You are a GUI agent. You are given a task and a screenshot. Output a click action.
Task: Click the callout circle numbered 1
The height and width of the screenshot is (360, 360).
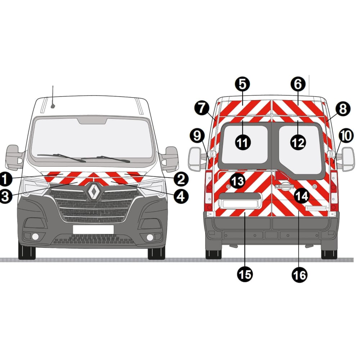point(5,179)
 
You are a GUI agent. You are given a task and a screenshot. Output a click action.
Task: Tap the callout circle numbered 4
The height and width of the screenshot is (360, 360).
point(181,196)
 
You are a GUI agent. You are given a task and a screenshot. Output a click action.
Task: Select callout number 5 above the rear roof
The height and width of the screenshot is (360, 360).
point(242,84)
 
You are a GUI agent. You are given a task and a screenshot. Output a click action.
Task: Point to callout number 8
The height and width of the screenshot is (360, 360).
point(343,109)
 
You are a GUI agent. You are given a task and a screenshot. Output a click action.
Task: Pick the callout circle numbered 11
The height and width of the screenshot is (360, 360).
point(243,143)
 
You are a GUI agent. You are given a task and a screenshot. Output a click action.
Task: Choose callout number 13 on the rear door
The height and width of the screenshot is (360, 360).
point(237,181)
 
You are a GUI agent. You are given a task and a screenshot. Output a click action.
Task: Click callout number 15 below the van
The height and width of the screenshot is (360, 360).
point(245,274)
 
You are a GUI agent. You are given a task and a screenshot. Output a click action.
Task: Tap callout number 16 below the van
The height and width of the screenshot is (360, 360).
point(300,275)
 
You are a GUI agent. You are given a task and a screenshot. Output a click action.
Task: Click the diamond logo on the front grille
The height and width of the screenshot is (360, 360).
point(94,190)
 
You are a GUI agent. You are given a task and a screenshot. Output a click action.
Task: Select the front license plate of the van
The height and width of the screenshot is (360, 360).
point(93,229)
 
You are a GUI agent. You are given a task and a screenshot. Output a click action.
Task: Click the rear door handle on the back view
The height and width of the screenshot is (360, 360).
point(284,186)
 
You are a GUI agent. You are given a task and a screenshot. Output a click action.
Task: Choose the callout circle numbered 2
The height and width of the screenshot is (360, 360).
point(181,179)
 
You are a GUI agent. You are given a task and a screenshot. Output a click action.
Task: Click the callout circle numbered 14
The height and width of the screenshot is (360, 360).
point(302,196)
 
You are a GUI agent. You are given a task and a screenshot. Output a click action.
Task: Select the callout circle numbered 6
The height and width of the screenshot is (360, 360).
point(298,84)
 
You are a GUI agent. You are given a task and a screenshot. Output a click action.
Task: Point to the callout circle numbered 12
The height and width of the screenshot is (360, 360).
point(298,143)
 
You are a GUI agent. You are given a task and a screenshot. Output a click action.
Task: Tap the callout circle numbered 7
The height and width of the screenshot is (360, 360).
point(202,108)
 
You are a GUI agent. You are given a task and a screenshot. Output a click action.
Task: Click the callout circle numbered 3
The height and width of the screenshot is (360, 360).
point(5,197)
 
